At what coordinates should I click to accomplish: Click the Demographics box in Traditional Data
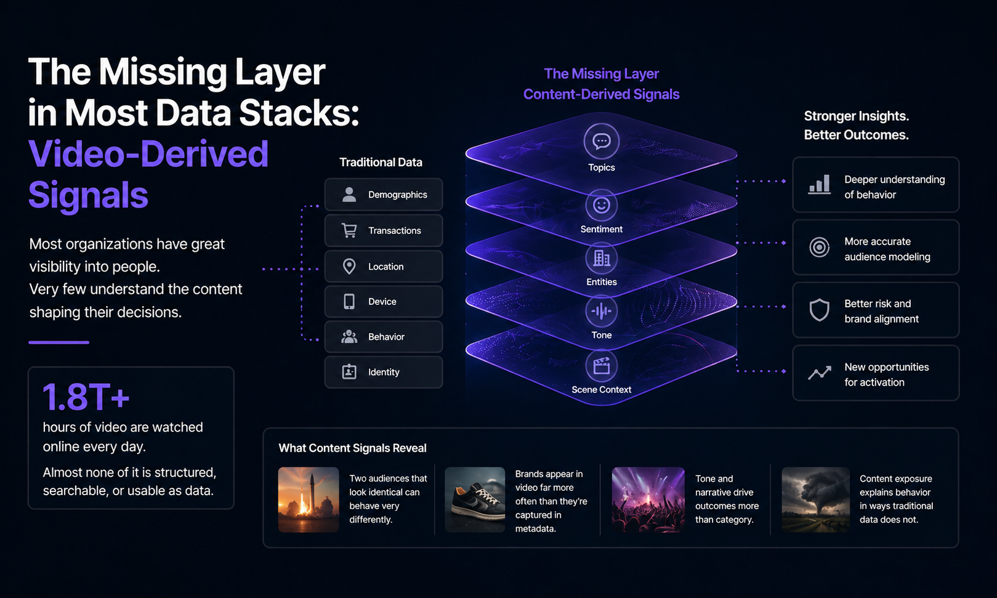(383, 195)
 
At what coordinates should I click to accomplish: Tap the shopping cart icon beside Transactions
(349, 230)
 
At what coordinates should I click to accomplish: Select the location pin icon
(349, 266)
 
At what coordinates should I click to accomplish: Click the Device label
(382, 302)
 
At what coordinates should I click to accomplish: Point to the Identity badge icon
(349, 372)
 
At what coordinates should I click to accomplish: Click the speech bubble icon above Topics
(601, 142)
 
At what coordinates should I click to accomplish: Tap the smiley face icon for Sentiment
(601, 205)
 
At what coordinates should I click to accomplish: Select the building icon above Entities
(601, 259)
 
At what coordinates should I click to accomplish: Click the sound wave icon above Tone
(601, 312)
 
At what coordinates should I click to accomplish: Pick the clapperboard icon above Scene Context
(601, 366)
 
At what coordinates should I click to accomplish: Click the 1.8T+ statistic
(86, 397)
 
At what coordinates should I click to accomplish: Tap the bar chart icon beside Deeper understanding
(819, 185)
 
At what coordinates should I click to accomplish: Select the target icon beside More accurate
(819, 248)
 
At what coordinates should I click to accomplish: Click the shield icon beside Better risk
(819, 310)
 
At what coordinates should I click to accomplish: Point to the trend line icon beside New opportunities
(819, 373)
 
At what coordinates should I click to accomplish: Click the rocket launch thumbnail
(309, 499)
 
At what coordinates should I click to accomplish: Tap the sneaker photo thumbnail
(475, 499)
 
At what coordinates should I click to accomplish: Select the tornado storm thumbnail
(815, 499)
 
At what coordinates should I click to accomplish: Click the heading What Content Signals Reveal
(352, 448)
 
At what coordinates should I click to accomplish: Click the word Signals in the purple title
(88, 195)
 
